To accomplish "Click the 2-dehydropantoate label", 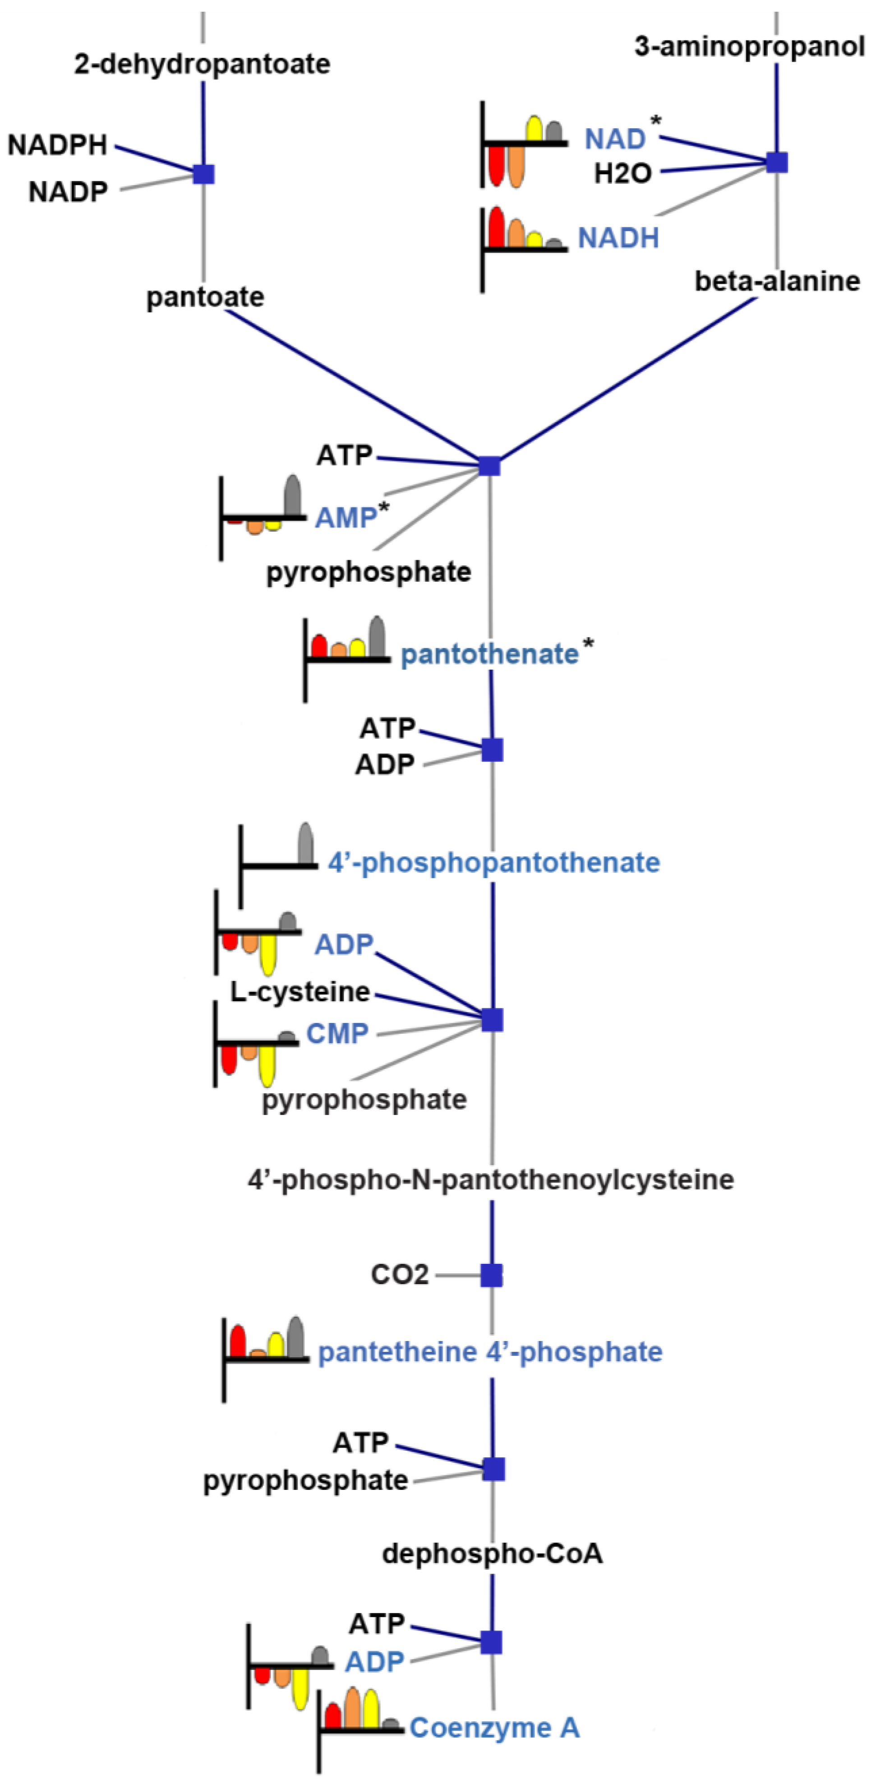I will [x=202, y=64].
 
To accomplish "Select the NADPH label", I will [x=58, y=145].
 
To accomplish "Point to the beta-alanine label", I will [x=777, y=281].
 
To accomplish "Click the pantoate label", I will [x=205, y=297].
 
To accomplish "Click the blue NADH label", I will [x=618, y=238].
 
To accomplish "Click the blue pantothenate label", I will [x=489, y=654].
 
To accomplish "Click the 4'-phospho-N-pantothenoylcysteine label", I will [x=491, y=1179].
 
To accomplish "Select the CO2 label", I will [x=400, y=1274].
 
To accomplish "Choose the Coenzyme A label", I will [x=494, y=1728].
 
